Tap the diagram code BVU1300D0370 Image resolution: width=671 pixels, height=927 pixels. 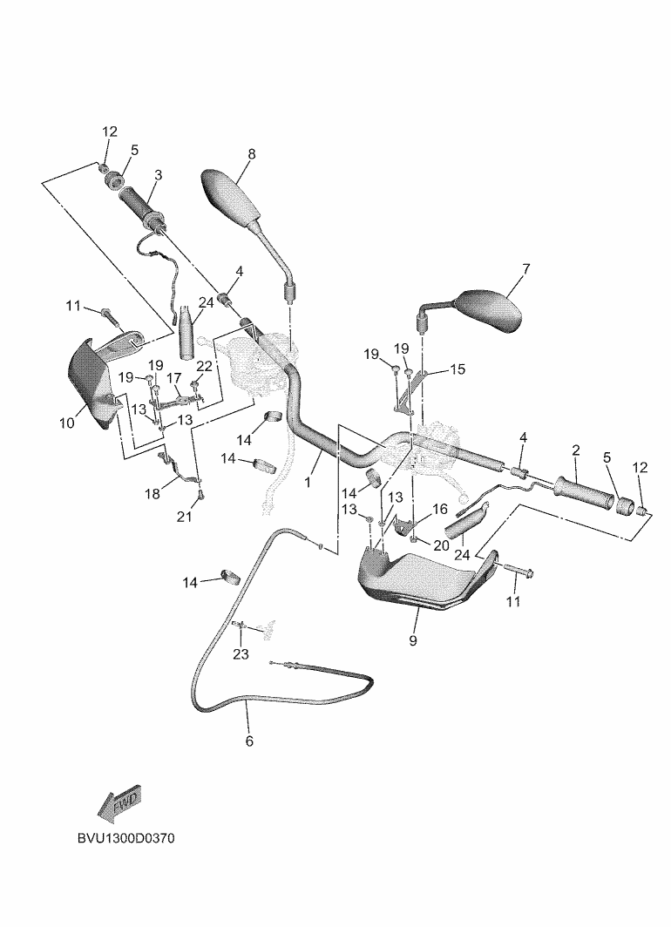pyautogui.click(x=126, y=839)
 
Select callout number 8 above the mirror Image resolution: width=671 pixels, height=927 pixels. pyautogui.click(x=252, y=154)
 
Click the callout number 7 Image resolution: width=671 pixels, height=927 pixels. pyautogui.click(x=525, y=269)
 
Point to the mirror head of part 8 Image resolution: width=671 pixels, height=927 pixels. pyautogui.click(x=231, y=198)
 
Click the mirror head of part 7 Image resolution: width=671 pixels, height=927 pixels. pyautogui.click(x=491, y=310)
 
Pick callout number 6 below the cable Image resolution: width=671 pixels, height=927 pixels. pyautogui.click(x=249, y=741)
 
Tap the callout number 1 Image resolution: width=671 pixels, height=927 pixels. pyautogui.click(x=308, y=482)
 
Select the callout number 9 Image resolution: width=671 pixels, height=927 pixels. pyautogui.click(x=413, y=640)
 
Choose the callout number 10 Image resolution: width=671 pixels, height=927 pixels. pyautogui.click(x=67, y=423)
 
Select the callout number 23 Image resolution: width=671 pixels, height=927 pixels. pyautogui.click(x=241, y=654)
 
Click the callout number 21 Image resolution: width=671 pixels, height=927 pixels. pyautogui.click(x=185, y=517)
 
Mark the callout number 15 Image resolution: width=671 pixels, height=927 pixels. pyautogui.click(x=457, y=369)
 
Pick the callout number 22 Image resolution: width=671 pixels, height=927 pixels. pyautogui.click(x=204, y=367)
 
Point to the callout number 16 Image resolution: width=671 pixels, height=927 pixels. pyautogui.click(x=440, y=510)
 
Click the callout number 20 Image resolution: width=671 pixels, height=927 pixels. pyautogui.click(x=441, y=545)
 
